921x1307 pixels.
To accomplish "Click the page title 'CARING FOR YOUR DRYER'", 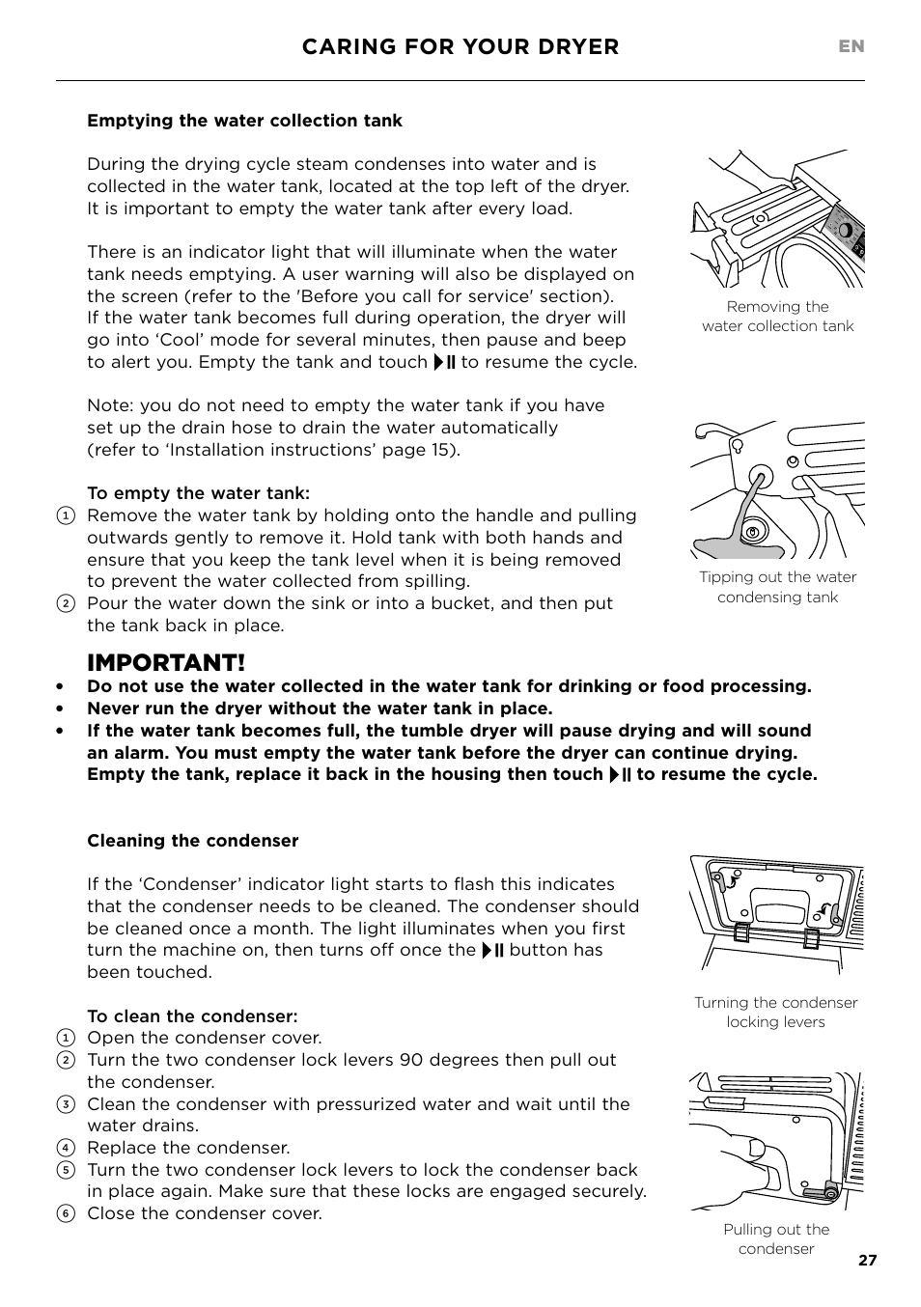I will (x=460, y=47).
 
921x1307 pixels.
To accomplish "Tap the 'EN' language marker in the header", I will (x=851, y=46).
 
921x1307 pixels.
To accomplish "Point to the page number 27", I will (x=867, y=1260).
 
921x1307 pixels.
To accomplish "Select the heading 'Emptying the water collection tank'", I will (x=244, y=121).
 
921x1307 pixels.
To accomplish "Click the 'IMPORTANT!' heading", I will (x=165, y=663).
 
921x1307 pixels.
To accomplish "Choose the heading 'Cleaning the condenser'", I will (x=192, y=841).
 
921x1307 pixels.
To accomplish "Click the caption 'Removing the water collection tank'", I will (x=777, y=317).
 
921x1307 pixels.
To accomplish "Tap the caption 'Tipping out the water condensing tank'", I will (x=777, y=587).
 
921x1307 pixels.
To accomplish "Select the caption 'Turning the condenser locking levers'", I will (x=775, y=1013).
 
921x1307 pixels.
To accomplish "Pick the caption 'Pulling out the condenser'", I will (x=776, y=1239).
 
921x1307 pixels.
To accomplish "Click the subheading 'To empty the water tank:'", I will (x=198, y=493).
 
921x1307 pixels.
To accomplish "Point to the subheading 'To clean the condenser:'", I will (x=192, y=1016).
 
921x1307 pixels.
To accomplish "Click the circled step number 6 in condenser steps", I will (x=65, y=1214).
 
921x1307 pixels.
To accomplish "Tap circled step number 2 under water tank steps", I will (x=65, y=604).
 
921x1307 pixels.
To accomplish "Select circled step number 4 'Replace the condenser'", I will (x=65, y=1149).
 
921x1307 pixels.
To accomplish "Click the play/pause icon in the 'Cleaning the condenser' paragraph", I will (x=492, y=951).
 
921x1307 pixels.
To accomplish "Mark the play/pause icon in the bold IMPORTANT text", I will (x=620, y=775).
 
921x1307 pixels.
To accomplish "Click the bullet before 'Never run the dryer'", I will (x=60, y=709).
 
